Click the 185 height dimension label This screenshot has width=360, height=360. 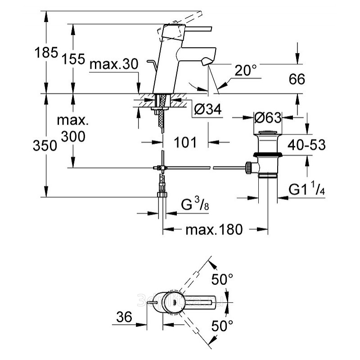pyautogui.click(x=47, y=53)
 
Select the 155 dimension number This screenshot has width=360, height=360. pyautogui.click(x=73, y=58)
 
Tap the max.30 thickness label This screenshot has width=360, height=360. pyautogui.click(x=113, y=64)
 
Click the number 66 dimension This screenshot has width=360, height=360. pyautogui.click(x=296, y=79)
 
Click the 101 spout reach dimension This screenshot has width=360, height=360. pyautogui.click(x=185, y=143)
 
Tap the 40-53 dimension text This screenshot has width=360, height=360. pyautogui.click(x=307, y=145)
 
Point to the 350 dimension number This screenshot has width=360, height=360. pyautogui.click(x=47, y=145)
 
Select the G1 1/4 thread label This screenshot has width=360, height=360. pyautogui.click(x=307, y=190)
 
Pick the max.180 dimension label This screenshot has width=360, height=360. pyautogui.click(x=214, y=229)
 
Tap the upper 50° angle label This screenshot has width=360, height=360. pyautogui.click(x=222, y=280)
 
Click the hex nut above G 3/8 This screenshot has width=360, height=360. pyautogui.click(x=162, y=194)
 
